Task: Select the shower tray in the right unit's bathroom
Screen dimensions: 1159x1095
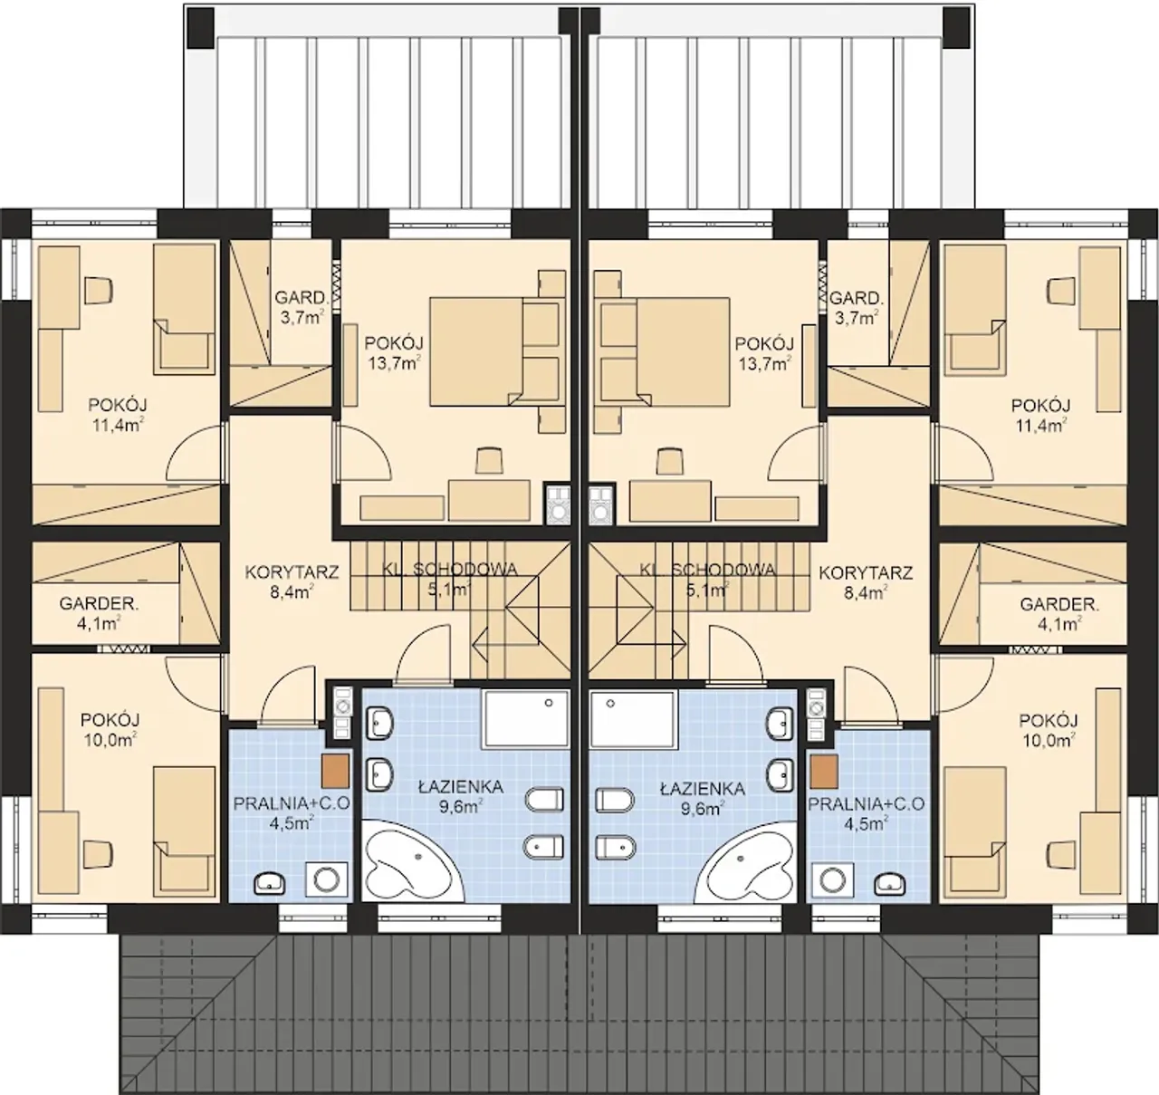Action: pyautogui.click(x=635, y=719)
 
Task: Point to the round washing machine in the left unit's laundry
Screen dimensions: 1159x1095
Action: pyautogui.click(x=327, y=879)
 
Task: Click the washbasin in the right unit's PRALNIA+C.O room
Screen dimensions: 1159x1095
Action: pyautogui.click(x=890, y=884)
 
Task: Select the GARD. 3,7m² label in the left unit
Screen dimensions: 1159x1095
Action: pyautogui.click(x=300, y=307)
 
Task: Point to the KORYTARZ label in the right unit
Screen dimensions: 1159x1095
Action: pyautogui.click(x=866, y=572)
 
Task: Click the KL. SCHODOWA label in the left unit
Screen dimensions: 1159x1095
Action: pyautogui.click(x=449, y=570)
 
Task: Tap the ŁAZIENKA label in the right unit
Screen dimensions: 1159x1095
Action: pyautogui.click(x=703, y=790)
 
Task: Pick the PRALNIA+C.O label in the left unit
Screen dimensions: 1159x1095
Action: pyautogui.click(x=292, y=803)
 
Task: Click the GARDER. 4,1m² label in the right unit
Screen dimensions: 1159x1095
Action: pyautogui.click(x=1059, y=614)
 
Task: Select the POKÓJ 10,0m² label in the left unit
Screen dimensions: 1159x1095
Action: pyautogui.click(x=110, y=730)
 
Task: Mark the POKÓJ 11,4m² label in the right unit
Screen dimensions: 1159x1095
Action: pyautogui.click(x=1040, y=415)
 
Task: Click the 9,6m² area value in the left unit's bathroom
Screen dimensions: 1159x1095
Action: pyautogui.click(x=461, y=807)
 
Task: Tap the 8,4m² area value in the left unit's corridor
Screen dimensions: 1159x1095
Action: pyautogui.click(x=292, y=592)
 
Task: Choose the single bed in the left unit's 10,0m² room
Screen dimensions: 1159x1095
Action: pyautogui.click(x=184, y=833)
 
